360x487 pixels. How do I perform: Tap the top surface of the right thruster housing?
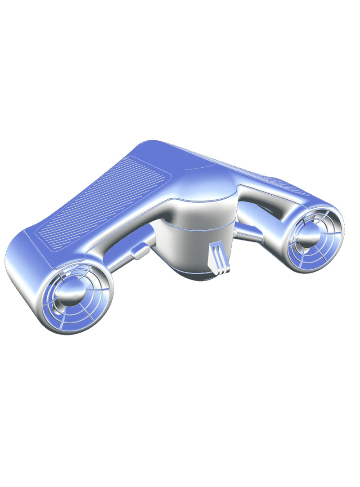310,200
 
